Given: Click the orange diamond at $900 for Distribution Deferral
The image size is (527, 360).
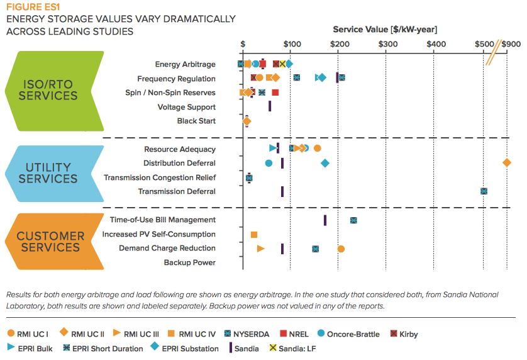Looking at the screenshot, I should (507, 163).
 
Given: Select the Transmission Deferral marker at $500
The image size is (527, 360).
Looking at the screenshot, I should (484, 191).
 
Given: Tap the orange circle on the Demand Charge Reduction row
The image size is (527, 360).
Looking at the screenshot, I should (341, 249).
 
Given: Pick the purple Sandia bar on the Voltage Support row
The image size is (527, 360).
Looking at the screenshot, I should (270, 107).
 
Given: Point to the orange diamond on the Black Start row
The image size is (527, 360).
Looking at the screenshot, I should (247, 121).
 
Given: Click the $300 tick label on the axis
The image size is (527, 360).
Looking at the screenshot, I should (387, 44).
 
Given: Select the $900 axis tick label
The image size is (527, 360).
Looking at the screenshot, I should (511, 44).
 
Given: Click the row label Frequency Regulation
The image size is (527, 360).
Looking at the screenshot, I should (176, 79).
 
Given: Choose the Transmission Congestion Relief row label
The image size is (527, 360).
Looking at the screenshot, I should (160, 177).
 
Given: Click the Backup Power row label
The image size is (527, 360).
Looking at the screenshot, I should (189, 262).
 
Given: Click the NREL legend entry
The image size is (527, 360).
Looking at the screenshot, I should (294, 334).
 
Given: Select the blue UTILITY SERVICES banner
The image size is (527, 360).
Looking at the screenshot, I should (48, 172).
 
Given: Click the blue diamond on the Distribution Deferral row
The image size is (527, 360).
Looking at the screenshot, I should (325, 163).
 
